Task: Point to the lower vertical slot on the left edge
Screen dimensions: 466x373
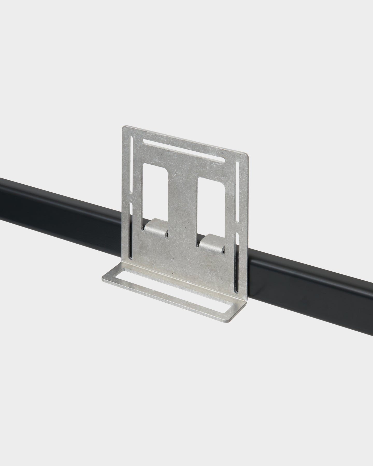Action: (x=131, y=230)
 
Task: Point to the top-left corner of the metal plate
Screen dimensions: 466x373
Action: (x=123, y=127)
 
